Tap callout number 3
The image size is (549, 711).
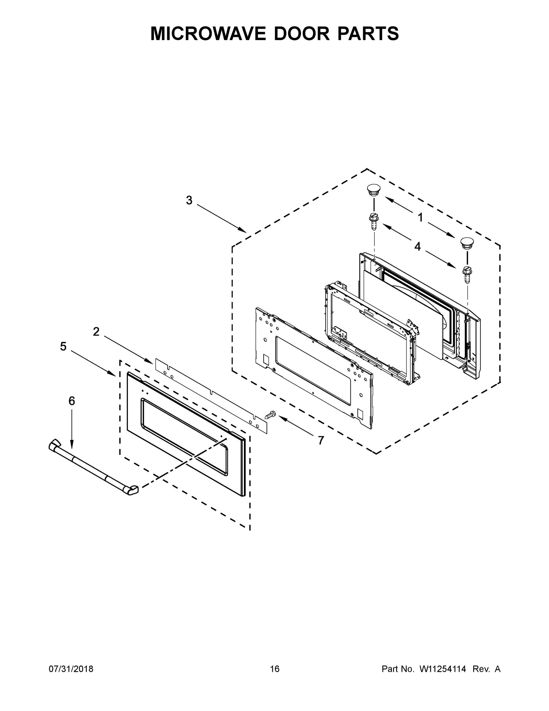tap(189, 200)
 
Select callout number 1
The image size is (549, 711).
tap(420, 217)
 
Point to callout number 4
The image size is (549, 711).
tap(417, 246)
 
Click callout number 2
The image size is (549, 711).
tap(96, 332)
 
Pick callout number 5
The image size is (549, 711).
tap(63, 346)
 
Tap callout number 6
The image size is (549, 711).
tap(72, 401)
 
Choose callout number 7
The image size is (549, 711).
tap(321, 440)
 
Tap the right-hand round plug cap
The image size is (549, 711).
tap(467, 244)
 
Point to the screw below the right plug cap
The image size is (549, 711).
tap(467, 274)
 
